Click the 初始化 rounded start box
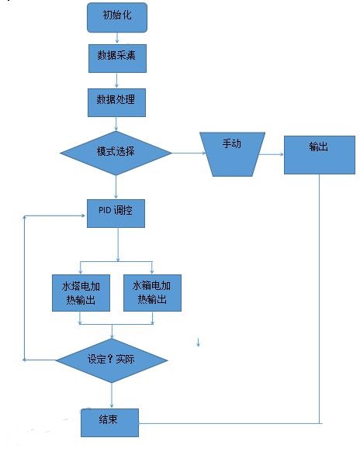click(117, 17)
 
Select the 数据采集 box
click(117, 58)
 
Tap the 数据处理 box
click(117, 103)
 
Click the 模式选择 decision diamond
click(116, 153)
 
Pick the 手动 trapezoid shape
click(232, 154)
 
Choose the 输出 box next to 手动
click(320, 155)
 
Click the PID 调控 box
click(116, 213)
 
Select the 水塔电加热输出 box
click(81, 293)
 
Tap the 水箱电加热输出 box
click(152, 293)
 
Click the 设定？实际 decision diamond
click(112, 360)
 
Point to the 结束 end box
click(109, 422)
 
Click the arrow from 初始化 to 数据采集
click(117, 38)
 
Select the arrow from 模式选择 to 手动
click(189, 153)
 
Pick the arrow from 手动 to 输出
click(271, 154)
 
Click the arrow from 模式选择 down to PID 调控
click(116, 187)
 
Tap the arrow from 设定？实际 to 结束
click(112, 395)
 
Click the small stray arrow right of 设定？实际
click(198, 343)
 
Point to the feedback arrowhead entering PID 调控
click(83, 215)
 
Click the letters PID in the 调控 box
click(105, 210)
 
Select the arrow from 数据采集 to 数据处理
click(116, 81)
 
